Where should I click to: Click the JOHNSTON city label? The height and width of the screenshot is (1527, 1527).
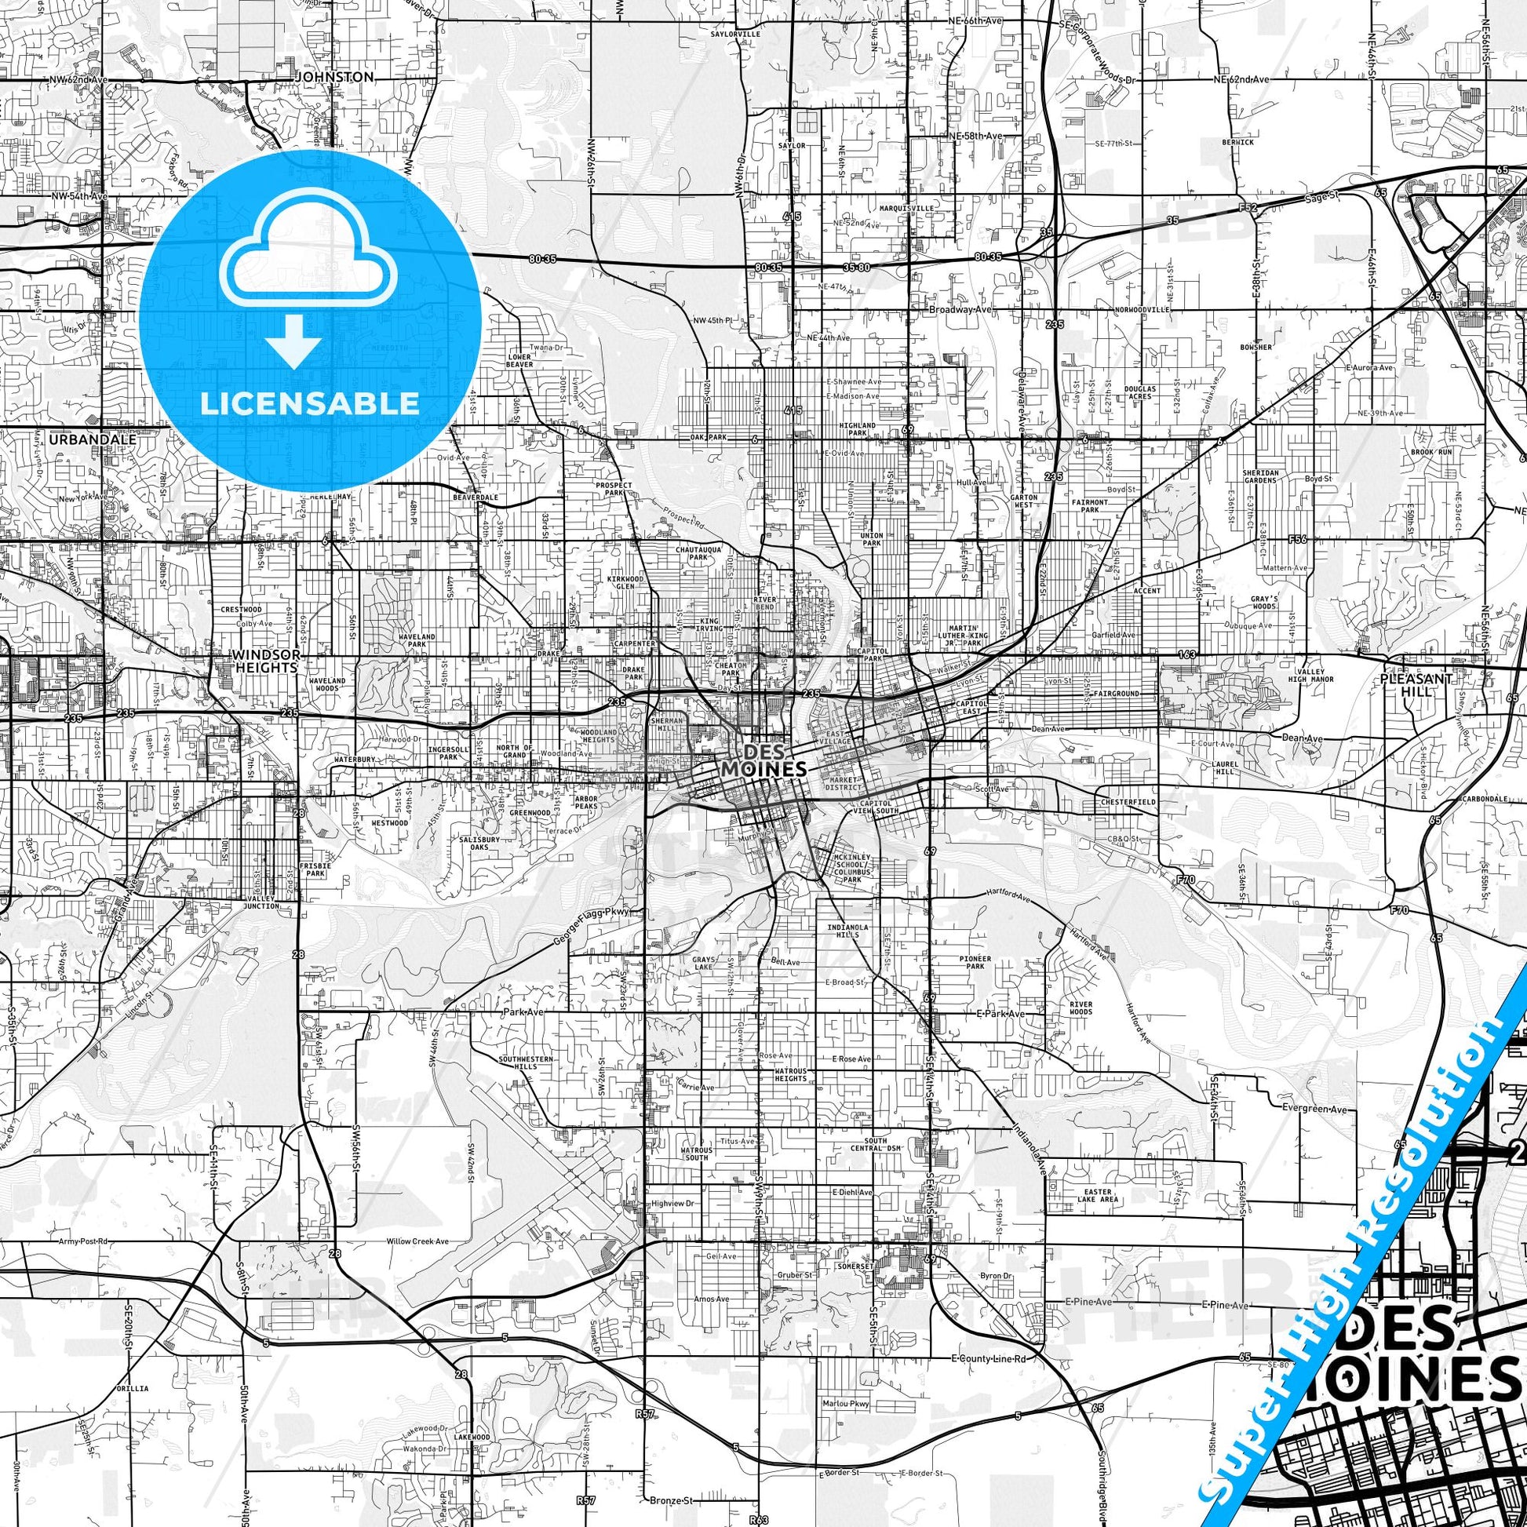coord(333,78)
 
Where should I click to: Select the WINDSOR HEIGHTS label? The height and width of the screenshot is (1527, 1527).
coord(265,661)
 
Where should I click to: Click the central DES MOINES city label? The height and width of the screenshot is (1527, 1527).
coord(763,760)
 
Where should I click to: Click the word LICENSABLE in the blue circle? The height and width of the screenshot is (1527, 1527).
coord(310,403)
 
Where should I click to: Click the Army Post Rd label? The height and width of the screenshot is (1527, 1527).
coord(83,1241)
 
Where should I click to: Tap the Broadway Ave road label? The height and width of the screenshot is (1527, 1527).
coord(960,310)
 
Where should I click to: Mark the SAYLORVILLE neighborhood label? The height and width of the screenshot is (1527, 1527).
coord(735,35)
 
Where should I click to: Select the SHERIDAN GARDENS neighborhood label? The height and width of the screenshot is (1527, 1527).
coord(1260,476)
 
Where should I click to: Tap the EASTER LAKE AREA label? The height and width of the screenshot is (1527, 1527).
coord(1098,1195)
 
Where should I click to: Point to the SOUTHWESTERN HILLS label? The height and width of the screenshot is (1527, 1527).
coord(526,1062)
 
